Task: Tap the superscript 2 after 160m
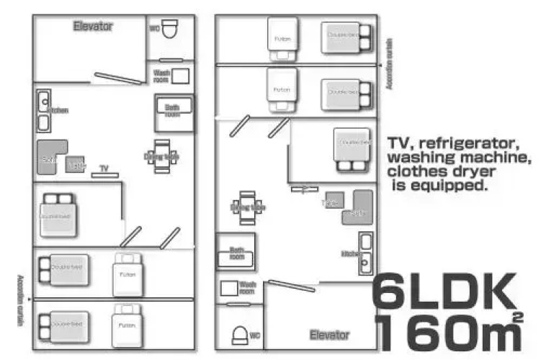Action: (x=517, y=317)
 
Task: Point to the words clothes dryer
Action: (x=441, y=172)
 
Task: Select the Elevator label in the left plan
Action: (x=93, y=26)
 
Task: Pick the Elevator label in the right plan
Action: (x=328, y=335)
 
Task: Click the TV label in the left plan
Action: (x=104, y=168)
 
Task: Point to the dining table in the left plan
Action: (x=161, y=156)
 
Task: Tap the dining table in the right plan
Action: (x=247, y=207)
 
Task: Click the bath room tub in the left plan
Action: (x=174, y=112)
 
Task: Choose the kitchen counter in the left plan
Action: (x=43, y=112)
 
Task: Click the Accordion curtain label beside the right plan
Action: (x=388, y=64)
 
